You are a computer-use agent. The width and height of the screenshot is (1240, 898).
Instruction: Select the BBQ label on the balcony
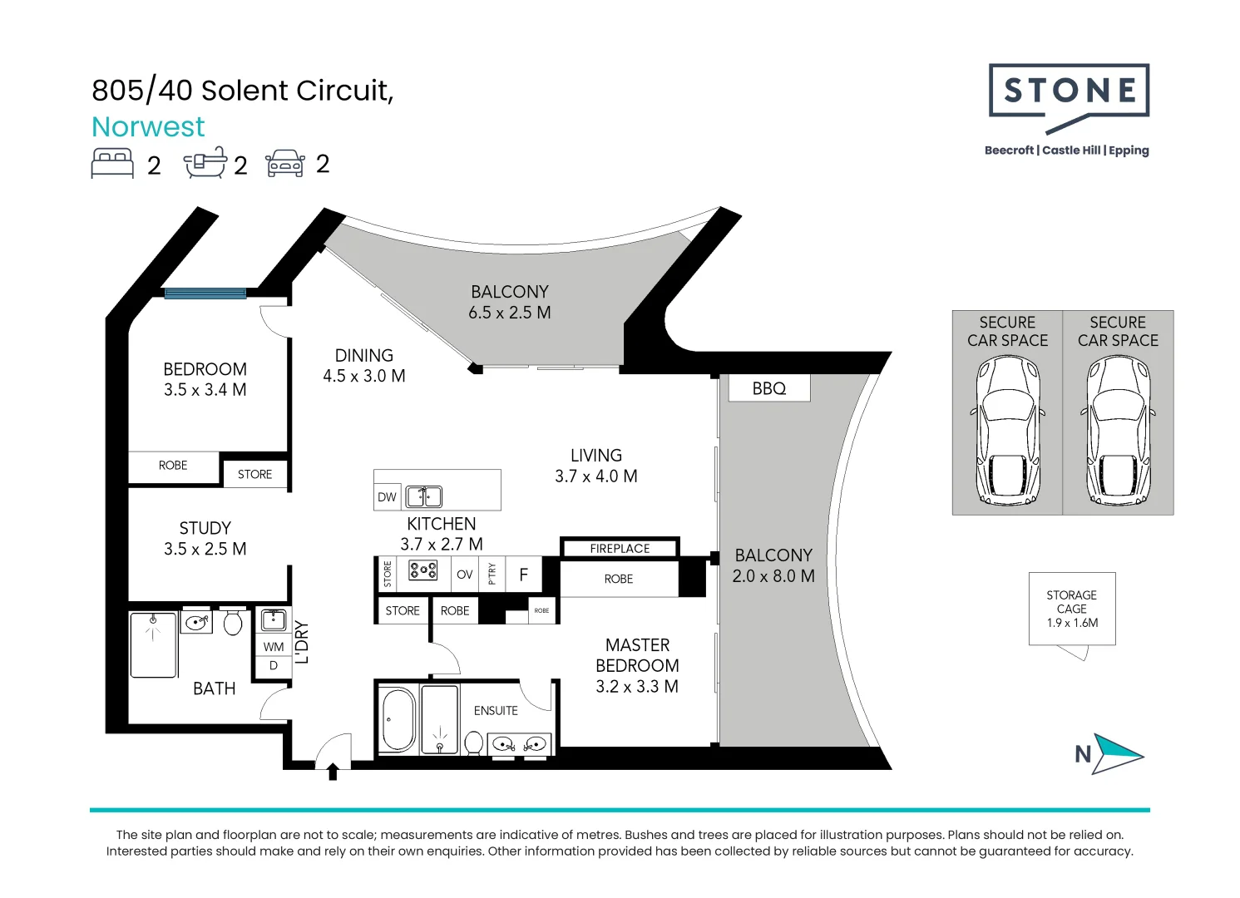tap(769, 388)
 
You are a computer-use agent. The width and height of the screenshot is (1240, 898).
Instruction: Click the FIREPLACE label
tap(620, 548)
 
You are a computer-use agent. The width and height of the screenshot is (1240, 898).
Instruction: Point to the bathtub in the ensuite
tap(398, 719)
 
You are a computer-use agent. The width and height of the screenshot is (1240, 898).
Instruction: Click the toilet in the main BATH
tap(233, 622)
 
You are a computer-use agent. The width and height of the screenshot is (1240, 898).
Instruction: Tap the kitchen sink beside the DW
tap(424, 496)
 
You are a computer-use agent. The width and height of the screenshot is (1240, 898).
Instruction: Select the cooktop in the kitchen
tap(423, 570)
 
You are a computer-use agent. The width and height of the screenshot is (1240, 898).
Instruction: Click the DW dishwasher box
tap(387, 496)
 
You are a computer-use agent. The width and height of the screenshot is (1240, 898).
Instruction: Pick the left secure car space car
tap(1007, 430)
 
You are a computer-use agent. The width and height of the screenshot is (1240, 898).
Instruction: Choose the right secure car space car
tap(1118, 430)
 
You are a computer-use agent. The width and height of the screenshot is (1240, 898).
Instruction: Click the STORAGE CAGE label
tap(1071, 609)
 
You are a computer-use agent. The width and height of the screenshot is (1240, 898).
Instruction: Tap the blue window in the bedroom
tap(205, 293)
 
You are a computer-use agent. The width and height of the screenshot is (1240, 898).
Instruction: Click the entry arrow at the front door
tap(333, 771)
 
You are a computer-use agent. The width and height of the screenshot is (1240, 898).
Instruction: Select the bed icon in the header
tap(112, 163)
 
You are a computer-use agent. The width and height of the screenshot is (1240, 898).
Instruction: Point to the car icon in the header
tap(285, 164)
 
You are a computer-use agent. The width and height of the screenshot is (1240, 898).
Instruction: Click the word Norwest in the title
tap(148, 126)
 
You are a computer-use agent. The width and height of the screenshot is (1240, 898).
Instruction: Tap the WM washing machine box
tap(274, 646)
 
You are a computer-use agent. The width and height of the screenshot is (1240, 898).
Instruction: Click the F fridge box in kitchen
tap(523, 574)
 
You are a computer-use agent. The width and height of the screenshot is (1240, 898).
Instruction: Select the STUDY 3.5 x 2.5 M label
tap(205, 538)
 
